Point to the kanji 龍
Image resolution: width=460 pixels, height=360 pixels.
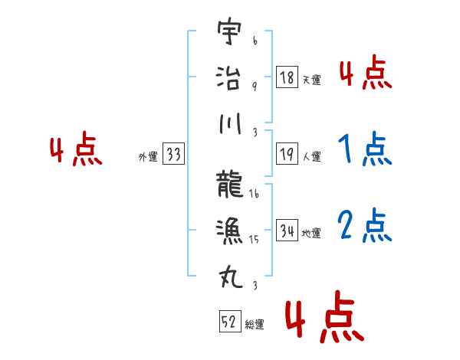229,183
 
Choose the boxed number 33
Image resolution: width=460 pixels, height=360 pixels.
173,155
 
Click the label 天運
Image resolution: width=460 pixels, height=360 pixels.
311,80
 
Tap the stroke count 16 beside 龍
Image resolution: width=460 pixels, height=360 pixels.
254,195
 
